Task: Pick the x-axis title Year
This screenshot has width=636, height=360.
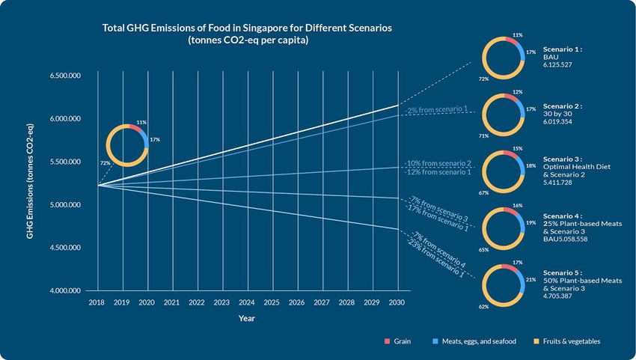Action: (x=247, y=319)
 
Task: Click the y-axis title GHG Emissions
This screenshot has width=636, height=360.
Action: (x=30, y=183)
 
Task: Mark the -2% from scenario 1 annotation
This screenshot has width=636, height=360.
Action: (x=436, y=109)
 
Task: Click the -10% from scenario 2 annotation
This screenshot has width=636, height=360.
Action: (x=439, y=163)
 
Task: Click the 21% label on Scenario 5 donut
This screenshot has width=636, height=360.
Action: (x=531, y=280)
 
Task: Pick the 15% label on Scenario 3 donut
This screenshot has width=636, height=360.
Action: (x=518, y=149)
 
